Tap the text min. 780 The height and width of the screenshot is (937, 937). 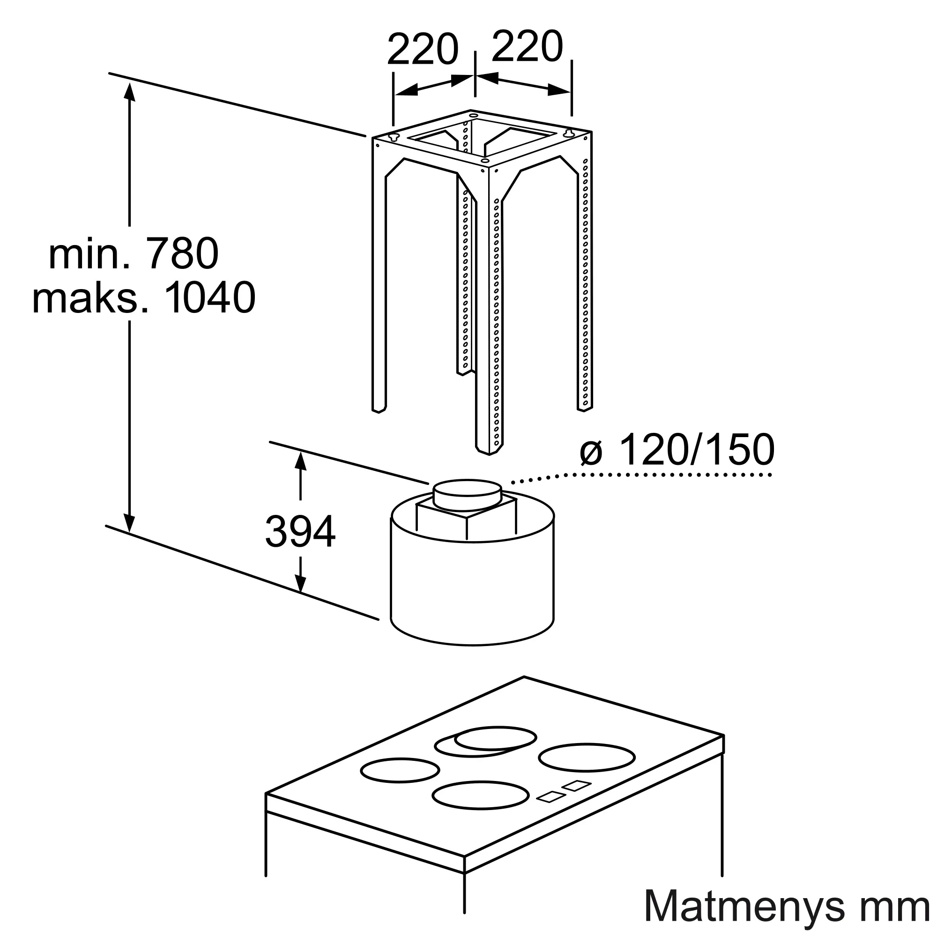[x=134, y=253]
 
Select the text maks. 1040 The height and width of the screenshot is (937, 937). [x=143, y=297]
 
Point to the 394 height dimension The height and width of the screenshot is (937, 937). [x=300, y=532]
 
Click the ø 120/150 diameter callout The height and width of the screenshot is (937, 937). [x=677, y=450]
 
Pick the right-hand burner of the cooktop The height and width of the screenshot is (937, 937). [x=587, y=758]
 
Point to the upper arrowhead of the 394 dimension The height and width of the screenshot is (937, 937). [x=301, y=460]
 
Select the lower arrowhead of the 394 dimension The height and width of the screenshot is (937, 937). [x=301, y=582]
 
